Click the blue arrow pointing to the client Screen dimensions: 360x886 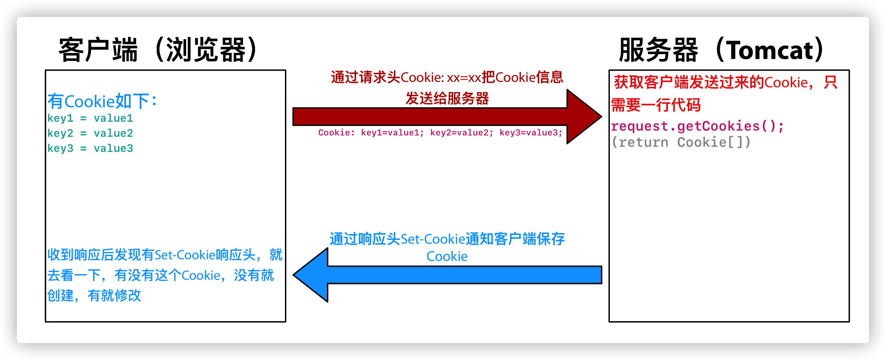tap(447, 275)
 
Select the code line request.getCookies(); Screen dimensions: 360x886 tap(697, 126)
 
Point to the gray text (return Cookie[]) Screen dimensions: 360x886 tap(681, 142)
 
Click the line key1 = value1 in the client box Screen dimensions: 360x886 tap(90, 118)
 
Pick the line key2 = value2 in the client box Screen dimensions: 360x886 tap(90, 133)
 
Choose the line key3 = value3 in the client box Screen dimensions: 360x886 tap(90, 149)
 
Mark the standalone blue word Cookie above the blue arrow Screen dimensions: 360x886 tap(447, 256)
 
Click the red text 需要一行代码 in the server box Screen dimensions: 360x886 tap(656, 105)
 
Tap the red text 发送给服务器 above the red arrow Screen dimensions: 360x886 tap(447, 98)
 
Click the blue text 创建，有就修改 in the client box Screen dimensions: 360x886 tap(94, 295)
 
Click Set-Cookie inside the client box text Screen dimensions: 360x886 tap(185, 255)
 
